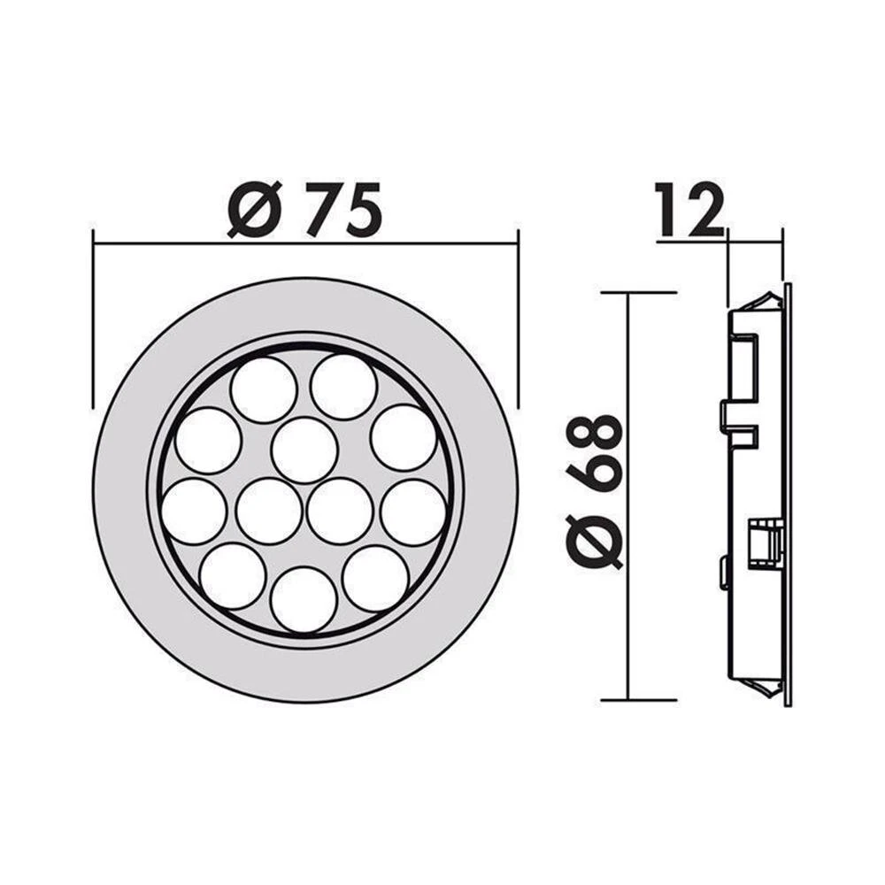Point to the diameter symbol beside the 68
pos(595,539)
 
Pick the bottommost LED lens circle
pos(304,599)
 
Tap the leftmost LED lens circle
pos(194,512)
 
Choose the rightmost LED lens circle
pos(413,512)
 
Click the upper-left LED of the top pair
pos(264,390)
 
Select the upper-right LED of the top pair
pos(344,387)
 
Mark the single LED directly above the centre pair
pos(304,450)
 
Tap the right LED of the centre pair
pos(339,512)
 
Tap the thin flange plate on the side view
pos(788,496)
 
